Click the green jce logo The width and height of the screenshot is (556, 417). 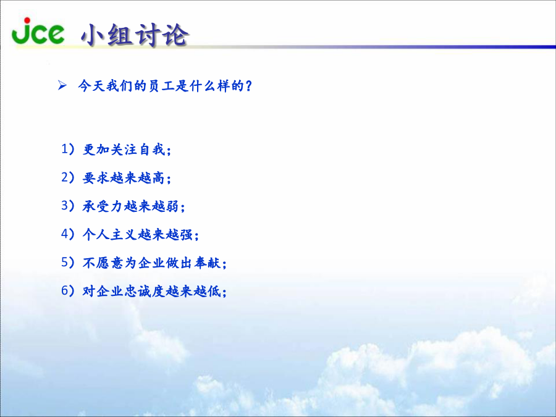tap(38, 32)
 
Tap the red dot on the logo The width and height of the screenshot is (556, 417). tap(27, 20)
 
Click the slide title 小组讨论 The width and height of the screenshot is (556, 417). tap(135, 35)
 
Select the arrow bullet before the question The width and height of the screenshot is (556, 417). tap(62, 85)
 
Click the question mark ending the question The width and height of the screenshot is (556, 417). tap(248, 86)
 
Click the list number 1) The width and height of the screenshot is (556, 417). tap(68, 149)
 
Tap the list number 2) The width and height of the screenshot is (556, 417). tap(68, 177)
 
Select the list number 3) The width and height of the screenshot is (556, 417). tap(68, 206)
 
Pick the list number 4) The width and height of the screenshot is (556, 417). tap(68, 234)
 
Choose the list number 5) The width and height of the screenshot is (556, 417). tap(68, 263)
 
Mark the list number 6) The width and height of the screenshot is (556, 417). tap(68, 291)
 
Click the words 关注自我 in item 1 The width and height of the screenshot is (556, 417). tap(138, 150)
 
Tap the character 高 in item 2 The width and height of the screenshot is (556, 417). tap(159, 178)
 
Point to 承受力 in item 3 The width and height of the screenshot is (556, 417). tap(103, 206)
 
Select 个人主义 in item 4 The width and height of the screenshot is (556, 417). tap(109, 234)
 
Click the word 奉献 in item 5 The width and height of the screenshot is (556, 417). tap(208, 263)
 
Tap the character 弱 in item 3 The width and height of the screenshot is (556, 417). tap(172, 206)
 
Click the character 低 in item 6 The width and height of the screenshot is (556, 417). tap(214, 291)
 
